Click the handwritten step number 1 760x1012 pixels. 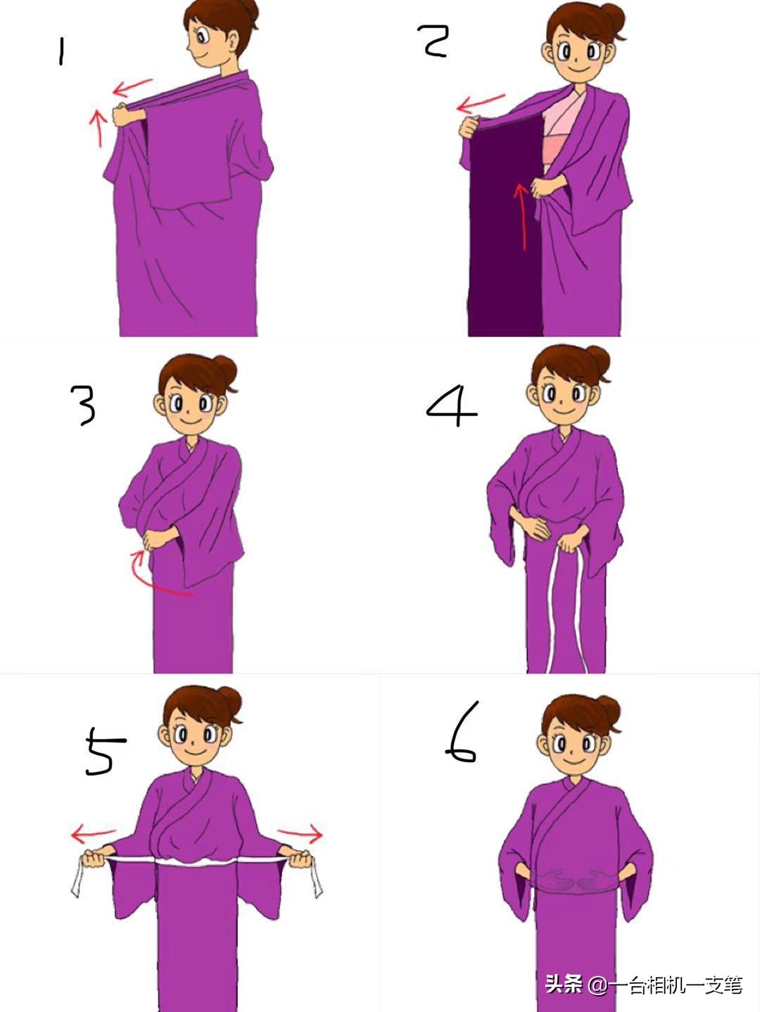point(61,51)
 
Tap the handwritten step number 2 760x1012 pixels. point(433,41)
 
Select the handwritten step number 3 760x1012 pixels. point(84,405)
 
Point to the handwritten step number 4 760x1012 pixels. point(452,406)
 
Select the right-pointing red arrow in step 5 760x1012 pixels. point(300,832)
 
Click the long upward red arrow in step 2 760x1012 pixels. point(523,217)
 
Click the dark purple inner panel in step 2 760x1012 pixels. point(505,226)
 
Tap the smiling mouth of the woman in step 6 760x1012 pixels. point(575,760)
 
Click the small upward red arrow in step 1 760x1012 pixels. point(98,128)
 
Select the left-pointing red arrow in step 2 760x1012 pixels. point(480,103)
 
